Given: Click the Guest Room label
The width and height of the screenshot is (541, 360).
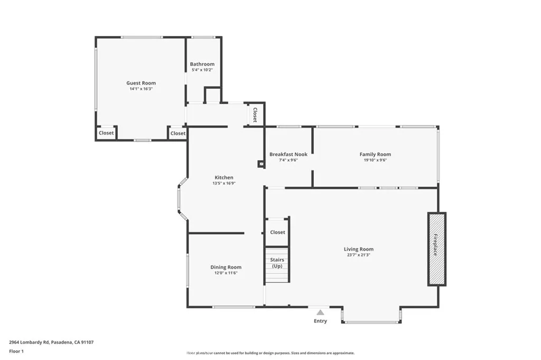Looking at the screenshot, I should pyautogui.click(x=141, y=83).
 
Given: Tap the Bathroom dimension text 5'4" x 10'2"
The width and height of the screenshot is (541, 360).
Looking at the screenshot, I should pyautogui.click(x=202, y=70).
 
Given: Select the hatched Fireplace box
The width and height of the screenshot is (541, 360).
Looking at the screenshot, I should pyautogui.click(x=436, y=249).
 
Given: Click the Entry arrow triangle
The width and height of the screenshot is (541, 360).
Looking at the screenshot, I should pyautogui.click(x=320, y=312).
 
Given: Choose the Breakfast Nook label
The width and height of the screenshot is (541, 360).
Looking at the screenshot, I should pyautogui.click(x=288, y=154).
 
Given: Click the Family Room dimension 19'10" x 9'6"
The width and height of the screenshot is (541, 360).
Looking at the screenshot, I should pyautogui.click(x=375, y=160).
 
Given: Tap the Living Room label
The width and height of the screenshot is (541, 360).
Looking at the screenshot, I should pyautogui.click(x=359, y=249).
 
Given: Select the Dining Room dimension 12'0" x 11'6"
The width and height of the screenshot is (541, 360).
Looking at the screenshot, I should pyautogui.click(x=226, y=273).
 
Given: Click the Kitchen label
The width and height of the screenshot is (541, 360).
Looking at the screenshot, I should pyautogui.click(x=223, y=177).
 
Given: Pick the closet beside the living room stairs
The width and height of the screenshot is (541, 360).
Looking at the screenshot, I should pyautogui.click(x=277, y=232).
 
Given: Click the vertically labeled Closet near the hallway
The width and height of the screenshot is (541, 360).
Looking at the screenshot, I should pyautogui.click(x=255, y=115).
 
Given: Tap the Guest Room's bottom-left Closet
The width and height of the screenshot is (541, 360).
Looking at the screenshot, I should pyautogui.click(x=106, y=133).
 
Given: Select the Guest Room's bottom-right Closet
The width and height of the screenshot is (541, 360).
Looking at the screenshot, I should pyautogui.click(x=178, y=134).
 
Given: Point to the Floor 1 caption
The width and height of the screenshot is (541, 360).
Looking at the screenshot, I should pyautogui.click(x=16, y=350).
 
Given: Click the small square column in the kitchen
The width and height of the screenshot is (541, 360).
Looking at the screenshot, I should pyautogui.click(x=260, y=164).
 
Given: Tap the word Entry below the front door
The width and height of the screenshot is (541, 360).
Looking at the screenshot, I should pyautogui.click(x=320, y=321).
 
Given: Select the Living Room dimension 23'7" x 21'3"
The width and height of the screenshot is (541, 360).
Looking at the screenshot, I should pyautogui.click(x=359, y=255).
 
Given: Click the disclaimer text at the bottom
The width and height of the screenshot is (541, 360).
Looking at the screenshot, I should pyautogui.click(x=270, y=353).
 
